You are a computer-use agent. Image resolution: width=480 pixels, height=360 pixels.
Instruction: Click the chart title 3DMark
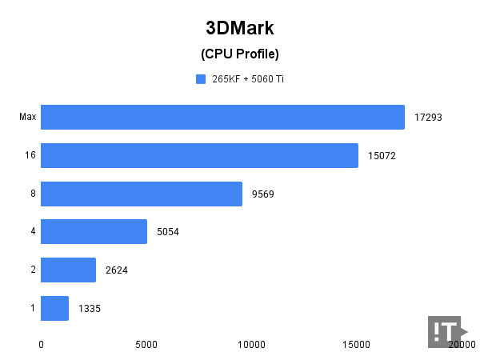click(240, 28)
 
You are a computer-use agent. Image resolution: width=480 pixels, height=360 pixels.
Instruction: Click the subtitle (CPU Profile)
click(240, 54)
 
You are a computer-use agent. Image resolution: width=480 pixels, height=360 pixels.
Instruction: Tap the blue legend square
click(200, 79)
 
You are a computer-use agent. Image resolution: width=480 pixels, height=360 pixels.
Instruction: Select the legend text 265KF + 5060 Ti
click(247, 79)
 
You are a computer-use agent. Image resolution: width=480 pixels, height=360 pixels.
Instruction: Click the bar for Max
click(222, 118)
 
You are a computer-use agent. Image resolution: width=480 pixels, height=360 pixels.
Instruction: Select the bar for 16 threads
click(199, 155)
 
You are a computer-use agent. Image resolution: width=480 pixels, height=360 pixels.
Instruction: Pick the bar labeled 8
click(142, 194)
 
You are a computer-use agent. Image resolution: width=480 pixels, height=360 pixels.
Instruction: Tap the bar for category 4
click(94, 232)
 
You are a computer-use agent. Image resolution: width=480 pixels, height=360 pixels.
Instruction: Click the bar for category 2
click(68, 270)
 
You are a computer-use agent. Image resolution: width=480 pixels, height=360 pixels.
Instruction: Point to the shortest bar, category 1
click(54, 308)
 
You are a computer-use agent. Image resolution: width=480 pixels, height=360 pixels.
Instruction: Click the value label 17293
click(428, 118)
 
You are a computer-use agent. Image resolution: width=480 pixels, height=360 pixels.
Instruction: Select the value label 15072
click(382, 156)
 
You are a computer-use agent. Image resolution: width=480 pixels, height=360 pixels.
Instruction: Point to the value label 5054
click(168, 232)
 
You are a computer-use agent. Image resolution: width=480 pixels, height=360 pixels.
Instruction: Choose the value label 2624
click(117, 270)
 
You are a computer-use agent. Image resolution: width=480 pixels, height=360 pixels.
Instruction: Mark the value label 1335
click(90, 308)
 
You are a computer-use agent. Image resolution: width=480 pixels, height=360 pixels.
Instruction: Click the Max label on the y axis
click(27, 118)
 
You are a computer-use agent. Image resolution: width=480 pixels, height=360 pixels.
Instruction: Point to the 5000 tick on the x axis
click(146, 345)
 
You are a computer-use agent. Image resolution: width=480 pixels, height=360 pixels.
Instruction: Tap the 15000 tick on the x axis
click(357, 345)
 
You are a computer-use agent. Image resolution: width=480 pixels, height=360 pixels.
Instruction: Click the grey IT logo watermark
click(446, 331)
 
